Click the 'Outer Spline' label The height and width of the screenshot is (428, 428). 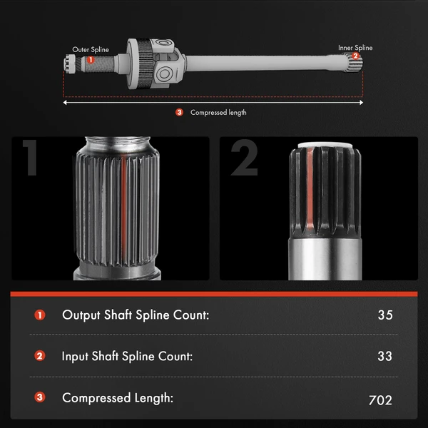(x=91, y=49)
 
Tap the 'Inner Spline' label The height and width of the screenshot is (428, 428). (x=355, y=48)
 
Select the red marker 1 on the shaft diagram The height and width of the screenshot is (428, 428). (x=91, y=59)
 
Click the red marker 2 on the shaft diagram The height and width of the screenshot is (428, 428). (x=355, y=56)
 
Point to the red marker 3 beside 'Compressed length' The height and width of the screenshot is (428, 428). (x=179, y=112)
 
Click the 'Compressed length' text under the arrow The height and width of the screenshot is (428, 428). (x=218, y=113)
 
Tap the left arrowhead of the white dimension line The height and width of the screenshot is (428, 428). (x=65, y=103)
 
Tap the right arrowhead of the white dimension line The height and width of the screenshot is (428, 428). (x=361, y=103)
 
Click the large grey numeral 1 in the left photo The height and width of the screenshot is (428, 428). (x=30, y=158)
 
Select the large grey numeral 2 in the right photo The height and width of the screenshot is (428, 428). (x=244, y=158)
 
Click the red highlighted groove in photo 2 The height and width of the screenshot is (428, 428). (x=310, y=188)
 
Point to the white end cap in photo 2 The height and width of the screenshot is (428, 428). (x=325, y=145)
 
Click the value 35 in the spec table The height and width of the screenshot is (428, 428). (x=385, y=315)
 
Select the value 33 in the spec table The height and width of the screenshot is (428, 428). (x=385, y=356)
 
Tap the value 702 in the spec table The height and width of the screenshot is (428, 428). (x=380, y=400)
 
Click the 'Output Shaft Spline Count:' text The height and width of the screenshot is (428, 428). (x=136, y=315)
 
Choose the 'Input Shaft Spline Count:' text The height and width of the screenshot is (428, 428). (x=127, y=356)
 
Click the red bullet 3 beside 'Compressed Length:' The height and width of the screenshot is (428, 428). (x=39, y=397)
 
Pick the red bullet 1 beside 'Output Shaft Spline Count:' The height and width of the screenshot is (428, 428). (x=39, y=315)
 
